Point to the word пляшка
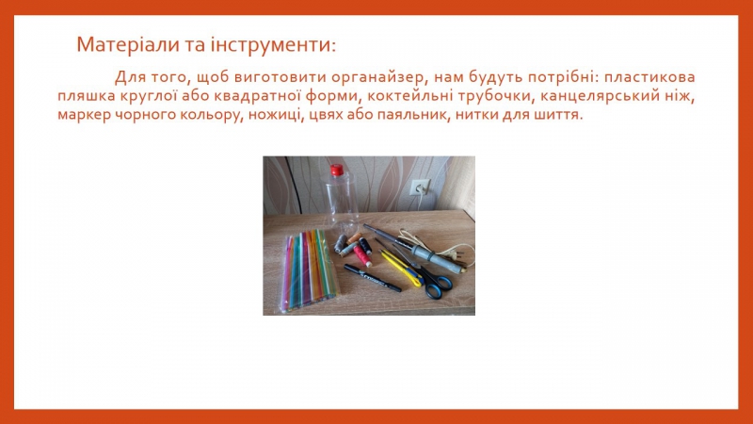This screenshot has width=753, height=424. (87, 96)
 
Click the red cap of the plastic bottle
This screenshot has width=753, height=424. (337, 170)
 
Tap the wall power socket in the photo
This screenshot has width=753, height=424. (420, 187)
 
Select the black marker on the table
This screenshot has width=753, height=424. (372, 278)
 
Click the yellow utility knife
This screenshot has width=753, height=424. (401, 269)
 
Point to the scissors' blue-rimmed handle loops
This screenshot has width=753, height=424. (437, 285)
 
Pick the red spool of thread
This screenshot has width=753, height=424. (362, 255)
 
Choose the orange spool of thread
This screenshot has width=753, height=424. (355, 238)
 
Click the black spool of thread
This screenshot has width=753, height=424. (365, 246)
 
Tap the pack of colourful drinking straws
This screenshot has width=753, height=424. (309, 269)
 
